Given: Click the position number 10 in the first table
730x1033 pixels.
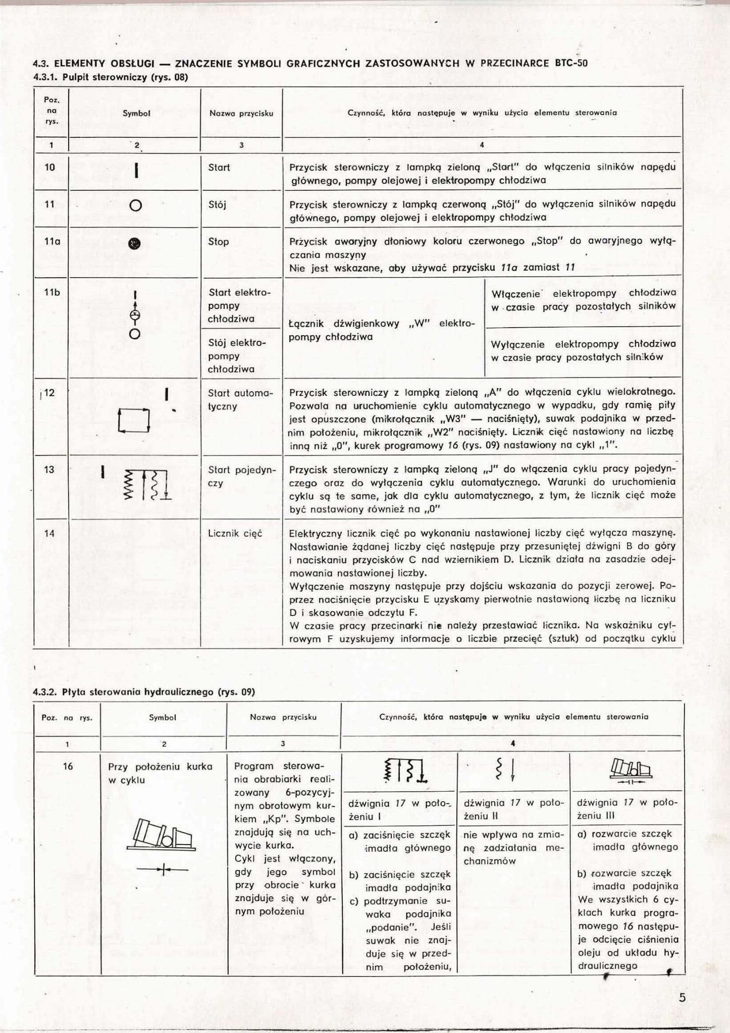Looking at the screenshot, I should [x=50, y=167].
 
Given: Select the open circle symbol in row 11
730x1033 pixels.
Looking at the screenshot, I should [x=135, y=205].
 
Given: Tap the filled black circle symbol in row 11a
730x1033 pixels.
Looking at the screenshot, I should [x=135, y=244].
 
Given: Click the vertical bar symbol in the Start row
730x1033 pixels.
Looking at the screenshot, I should [x=136, y=170].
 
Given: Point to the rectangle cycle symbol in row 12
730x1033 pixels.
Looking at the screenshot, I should [x=134, y=420].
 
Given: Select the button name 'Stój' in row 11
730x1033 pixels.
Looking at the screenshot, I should [x=218, y=204].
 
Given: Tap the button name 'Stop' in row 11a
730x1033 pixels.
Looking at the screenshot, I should [x=219, y=242].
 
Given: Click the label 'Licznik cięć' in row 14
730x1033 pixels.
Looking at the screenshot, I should [x=235, y=534].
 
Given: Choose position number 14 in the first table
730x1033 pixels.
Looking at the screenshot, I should [x=49, y=534].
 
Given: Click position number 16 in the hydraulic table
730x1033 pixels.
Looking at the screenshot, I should [x=68, y=766].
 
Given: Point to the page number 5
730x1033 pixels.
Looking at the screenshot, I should [x=683, y=998].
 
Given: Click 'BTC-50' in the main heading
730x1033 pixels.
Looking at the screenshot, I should [x=571, y=64].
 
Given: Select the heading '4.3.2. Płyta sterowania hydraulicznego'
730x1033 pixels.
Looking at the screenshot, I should [x=144, y=692].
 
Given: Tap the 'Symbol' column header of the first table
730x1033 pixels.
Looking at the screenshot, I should [x=136, y=114].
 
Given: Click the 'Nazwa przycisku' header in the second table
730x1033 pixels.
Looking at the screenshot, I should [x=283, y=717].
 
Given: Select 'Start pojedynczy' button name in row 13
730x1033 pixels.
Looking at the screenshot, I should [x=242, y=476].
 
